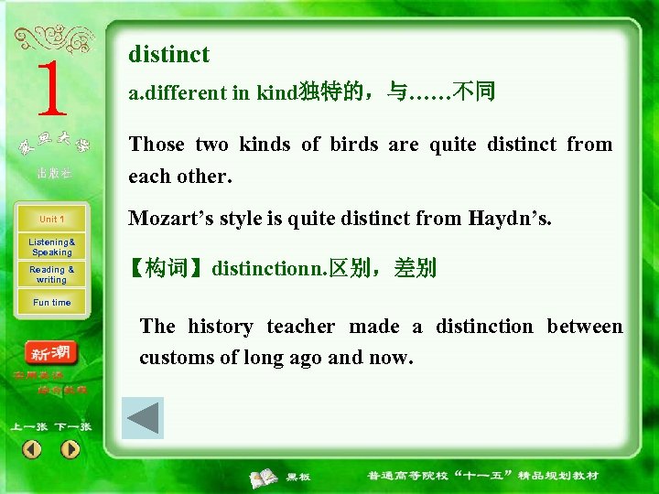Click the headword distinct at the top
point(168,55)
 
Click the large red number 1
point(52,89)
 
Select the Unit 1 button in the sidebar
point(51,220)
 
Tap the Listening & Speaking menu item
point(51,247)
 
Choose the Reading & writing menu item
point(51,274)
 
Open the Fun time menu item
point(51,303)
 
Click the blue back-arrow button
point(143,418)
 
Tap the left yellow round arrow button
point(32,449)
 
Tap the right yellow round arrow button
point(70,449)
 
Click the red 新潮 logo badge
point(52,353)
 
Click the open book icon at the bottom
point(265,477)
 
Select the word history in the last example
point(220,327)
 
